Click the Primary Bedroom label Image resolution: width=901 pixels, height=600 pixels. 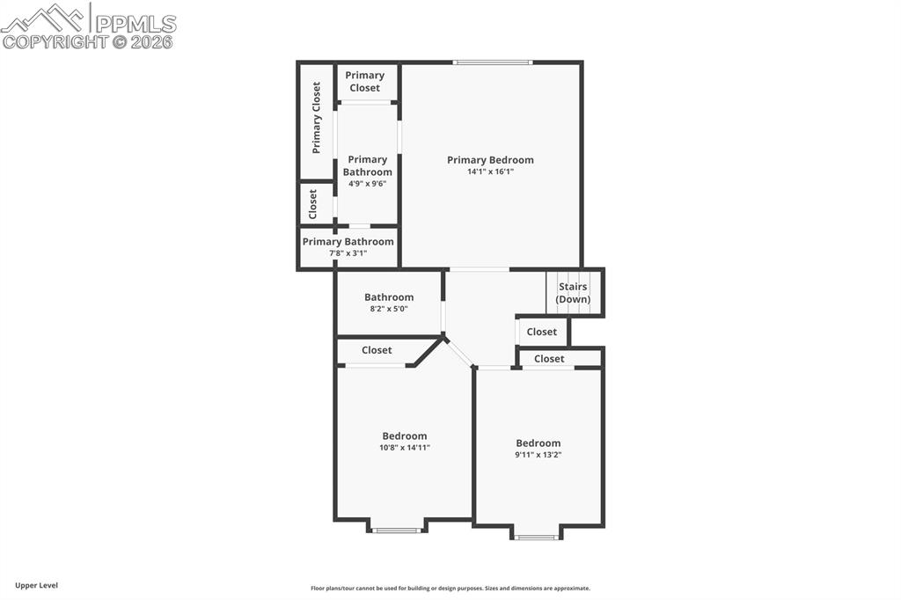coord(490,160)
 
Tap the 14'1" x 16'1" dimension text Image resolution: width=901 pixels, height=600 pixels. coord(490,172)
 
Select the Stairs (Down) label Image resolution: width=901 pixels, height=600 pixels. coord(573,293)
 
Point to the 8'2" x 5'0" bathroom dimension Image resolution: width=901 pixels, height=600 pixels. coord(389,309)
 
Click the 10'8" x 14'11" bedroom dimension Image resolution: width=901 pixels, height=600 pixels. coord(405,448)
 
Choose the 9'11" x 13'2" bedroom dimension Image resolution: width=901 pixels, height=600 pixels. coord(538,455)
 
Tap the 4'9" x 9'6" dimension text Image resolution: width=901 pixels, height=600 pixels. coord(367,184)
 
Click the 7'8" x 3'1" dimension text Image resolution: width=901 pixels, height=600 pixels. coord(348,252)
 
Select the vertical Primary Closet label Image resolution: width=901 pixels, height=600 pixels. coord(316,118)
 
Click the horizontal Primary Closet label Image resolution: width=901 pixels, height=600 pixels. coord(365,82)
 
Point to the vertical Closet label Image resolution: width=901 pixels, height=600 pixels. coord(312,204)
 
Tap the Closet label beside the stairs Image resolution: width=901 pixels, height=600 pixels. coord(542,332)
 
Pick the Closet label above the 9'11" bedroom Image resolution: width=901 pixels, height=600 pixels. coord(549,359)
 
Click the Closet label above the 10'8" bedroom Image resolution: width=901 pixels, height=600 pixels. coord(377,350)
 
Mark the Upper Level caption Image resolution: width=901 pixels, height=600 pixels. coord(37,586)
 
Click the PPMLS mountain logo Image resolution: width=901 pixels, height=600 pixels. coord(43,18)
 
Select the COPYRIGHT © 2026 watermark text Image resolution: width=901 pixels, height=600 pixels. coord(87,42)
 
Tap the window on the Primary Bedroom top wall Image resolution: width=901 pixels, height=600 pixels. coord(493,62)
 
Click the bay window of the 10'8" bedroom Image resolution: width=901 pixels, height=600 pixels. coord(397,530)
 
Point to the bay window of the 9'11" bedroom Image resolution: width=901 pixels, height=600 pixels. coord(537,538)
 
